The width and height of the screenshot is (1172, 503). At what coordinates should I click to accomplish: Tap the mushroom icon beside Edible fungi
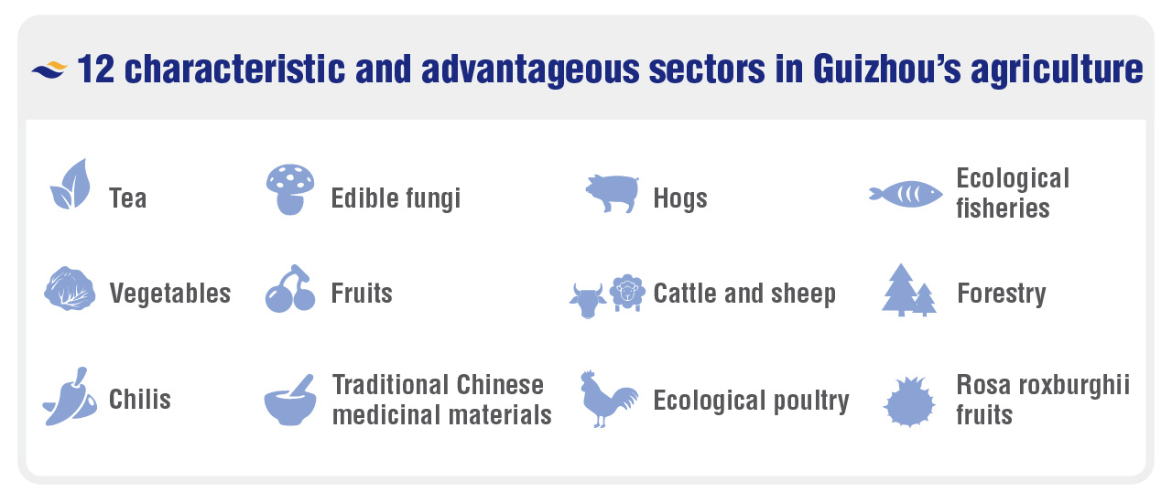(x=290, y=189)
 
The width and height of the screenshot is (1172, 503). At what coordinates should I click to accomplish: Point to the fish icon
(x=906, y=195)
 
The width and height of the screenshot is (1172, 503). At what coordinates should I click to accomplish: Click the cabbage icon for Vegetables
(x=70, y=289)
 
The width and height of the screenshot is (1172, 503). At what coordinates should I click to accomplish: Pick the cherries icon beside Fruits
(x=290, y=289)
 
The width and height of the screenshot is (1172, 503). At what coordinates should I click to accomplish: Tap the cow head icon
(x=588, y=301)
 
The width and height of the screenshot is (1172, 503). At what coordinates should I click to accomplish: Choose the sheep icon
(x=627, y=293)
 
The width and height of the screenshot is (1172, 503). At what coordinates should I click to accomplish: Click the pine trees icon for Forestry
(x=909, y=290)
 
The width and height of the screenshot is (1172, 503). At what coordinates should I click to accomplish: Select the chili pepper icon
(x=70, y=398)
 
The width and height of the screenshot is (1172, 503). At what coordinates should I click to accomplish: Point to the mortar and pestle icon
(x=290, y=401)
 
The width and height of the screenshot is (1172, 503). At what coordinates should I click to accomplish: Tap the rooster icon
(x=608, y=399)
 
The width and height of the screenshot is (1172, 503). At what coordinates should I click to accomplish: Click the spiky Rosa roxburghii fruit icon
(x=909, y=402)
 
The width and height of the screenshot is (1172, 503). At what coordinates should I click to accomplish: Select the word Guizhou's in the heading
(x=887, y=69)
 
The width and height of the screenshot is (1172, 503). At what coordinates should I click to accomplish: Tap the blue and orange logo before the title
(x=49, y=70)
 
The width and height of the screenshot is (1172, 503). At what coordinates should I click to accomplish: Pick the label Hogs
(x=680, y=198)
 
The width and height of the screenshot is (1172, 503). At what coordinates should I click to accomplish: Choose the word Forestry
(x=1002, y=294)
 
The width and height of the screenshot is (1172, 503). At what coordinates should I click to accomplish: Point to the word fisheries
(x=1003, y=208)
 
